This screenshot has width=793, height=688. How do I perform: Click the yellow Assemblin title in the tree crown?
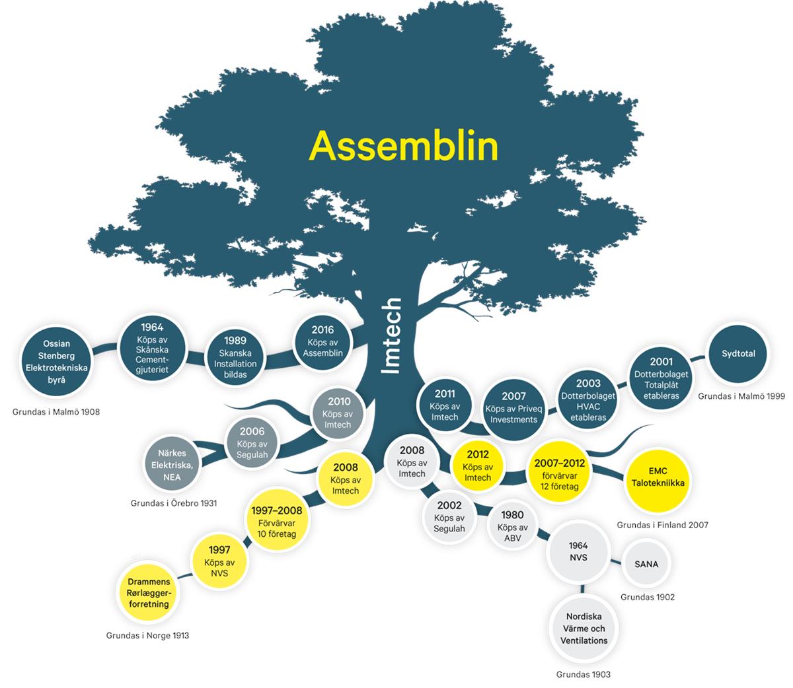[403, 146]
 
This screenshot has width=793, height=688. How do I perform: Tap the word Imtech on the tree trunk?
[392, 336]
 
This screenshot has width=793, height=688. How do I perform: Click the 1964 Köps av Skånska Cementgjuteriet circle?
[152, 348]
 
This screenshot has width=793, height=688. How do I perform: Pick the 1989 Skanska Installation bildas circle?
[235, 357]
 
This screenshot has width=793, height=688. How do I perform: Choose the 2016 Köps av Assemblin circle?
[322, 341]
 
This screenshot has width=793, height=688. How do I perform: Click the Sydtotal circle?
[738, 354]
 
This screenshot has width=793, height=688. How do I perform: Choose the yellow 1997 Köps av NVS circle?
[219, 561]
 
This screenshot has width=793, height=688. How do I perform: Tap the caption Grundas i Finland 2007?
[662, 525]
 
